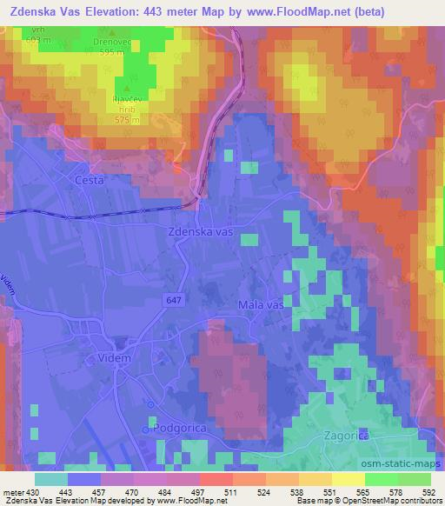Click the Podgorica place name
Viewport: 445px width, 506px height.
pyautogui.click(x=177, y=429)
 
